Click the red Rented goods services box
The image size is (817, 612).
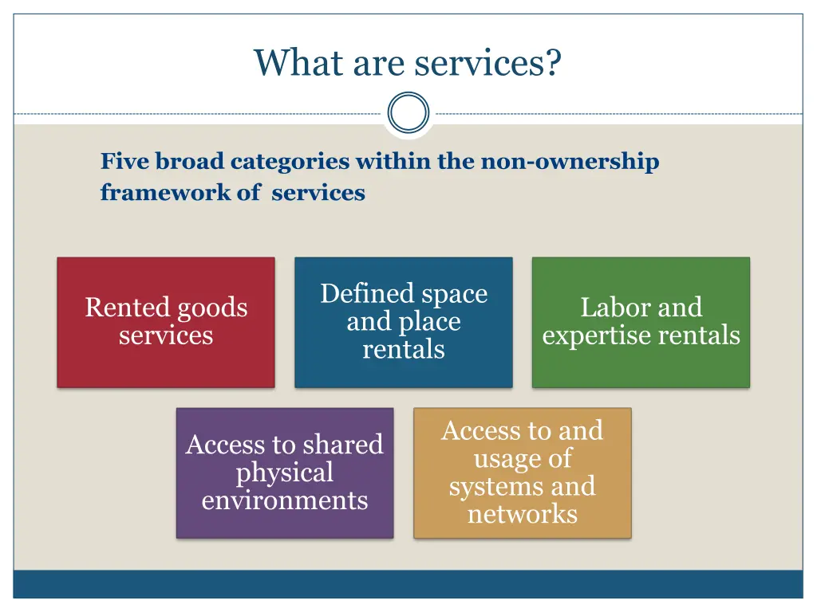click(166, 322)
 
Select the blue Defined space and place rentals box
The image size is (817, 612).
click(404, 322)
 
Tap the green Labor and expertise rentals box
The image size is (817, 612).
click(641, 322)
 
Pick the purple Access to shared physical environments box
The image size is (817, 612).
click(285, 473)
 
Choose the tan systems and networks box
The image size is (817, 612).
click(523, 473)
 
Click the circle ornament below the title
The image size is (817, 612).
click(408, 113)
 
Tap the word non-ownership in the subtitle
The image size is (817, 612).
click(569, 162)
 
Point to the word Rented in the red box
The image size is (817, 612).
click(128, 308)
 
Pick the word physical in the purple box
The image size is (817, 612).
click(285, 473)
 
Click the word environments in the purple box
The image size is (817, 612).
click(285, 500)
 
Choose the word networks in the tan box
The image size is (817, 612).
click(523, 514)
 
